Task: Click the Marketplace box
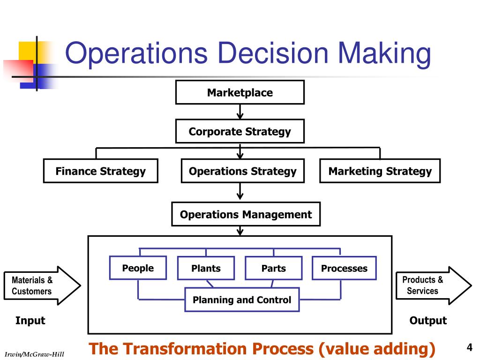[x=240, y=92]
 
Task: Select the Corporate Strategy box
[x=240, y=132]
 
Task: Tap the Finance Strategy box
[x=100, y=171]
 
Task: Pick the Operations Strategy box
[x=242, y=171]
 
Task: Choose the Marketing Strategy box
[x=380, y=171]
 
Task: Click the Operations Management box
[x=246, y=214]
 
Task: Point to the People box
[x=138, y=268]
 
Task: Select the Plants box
[x=206, y=269]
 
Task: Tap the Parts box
[x=273, y=269]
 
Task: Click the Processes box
[x=344, y=269]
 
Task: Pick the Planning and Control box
[x=242, y=300]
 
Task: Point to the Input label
[x=30, y=321]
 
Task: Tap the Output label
[x=428, y=321]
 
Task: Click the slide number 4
[x=469, y=347]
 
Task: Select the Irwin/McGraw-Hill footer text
[x=34, y=354]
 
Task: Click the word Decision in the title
[x=272, y=53]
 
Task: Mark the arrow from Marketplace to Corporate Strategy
[x=240, y=112]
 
